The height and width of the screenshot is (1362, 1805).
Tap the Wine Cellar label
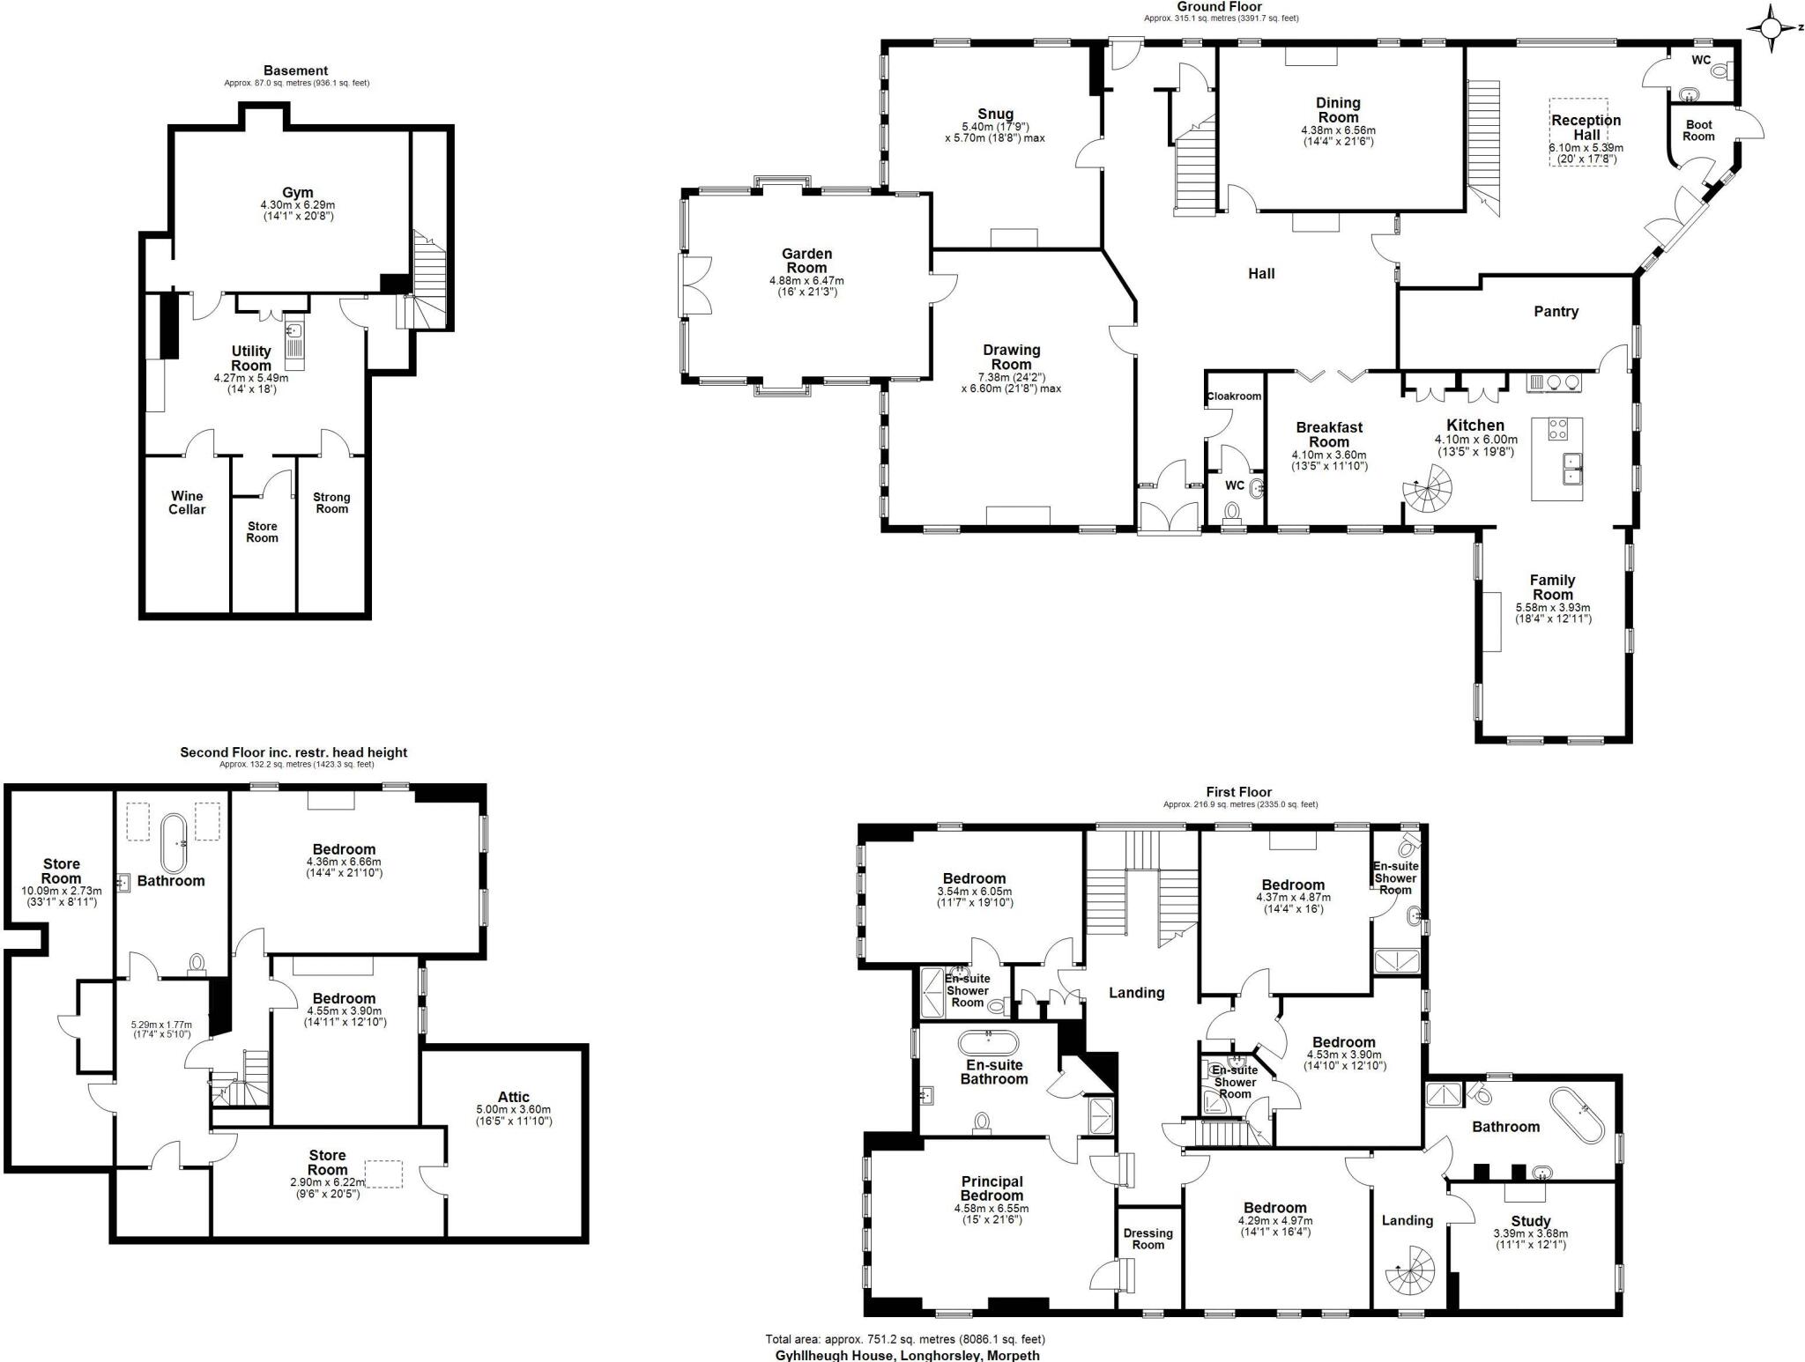187,503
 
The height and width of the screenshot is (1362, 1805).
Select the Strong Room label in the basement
331,503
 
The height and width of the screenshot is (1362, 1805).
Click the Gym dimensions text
297,210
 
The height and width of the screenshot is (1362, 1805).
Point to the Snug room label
995,114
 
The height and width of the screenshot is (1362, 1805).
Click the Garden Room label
806,261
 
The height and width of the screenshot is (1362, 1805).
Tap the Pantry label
1556,311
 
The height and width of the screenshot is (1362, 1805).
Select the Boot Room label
1698,130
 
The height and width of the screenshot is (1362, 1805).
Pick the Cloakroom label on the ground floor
1234,396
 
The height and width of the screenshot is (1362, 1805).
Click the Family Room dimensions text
1552,613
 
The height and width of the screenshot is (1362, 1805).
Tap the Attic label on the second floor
514,1098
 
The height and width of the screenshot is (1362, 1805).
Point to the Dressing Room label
1148,1239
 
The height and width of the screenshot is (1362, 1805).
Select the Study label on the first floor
1530,1221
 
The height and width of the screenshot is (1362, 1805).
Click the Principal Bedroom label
992,1188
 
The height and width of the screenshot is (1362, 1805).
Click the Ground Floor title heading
1219,6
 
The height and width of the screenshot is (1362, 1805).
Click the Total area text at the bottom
905,1339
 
